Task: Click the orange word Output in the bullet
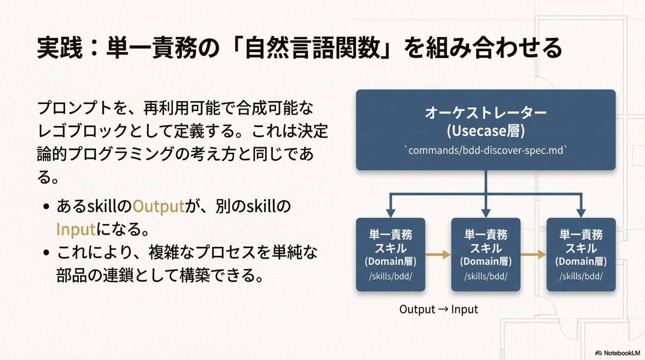point(158,206)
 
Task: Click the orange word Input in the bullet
point(76,230)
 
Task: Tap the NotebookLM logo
point(617,353)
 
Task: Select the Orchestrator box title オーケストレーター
point(485,113)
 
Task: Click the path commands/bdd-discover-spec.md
point(485,150)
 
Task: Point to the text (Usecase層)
point(485,131)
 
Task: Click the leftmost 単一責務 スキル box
point(390,254)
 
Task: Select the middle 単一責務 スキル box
point(485,254)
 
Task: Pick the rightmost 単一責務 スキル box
point(581,254)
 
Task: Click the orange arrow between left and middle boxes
point(438,255)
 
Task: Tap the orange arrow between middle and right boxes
point(533,255)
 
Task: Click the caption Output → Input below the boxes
point(438,309)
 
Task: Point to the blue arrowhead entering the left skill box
point(390,213)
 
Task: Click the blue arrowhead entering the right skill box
point(581,213)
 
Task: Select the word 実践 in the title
point(60,48)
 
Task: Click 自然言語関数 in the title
point(312,48)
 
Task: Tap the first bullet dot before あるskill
point(47,207)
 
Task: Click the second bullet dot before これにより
point(47,253)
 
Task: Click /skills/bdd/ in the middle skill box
point(485,276)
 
